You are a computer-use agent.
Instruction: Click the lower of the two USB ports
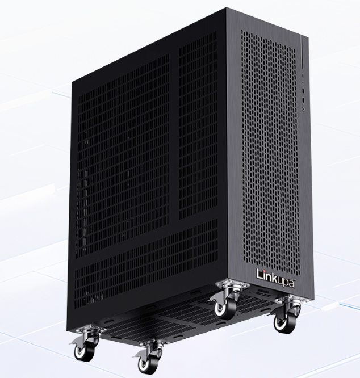pos(303,99)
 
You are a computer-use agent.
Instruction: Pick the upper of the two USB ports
pos(303,91)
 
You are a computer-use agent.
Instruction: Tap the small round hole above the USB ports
pos(303,82)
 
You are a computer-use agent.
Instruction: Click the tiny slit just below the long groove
pos(303,75)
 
